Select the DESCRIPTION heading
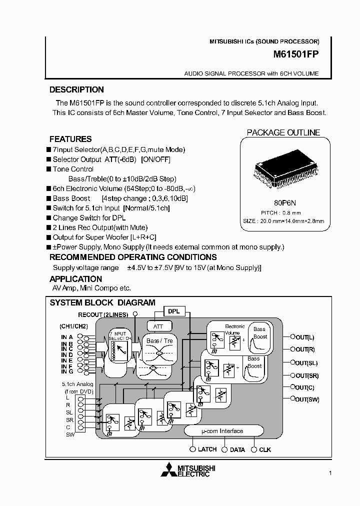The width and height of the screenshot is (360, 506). (x=76, y=90)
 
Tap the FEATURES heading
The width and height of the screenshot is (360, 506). (x=70, y=139)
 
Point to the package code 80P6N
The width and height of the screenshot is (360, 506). (x=285, y=203)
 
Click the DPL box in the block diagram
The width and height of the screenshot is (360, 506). (x=173, y=311)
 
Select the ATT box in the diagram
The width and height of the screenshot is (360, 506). (x=158, y=326)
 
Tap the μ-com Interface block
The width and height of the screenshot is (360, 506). (x=223, y=431)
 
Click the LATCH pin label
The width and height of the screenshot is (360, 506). (x=207, y=449)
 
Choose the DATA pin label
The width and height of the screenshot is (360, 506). (x=237, y=450)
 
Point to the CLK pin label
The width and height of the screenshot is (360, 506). (x=265, y=450)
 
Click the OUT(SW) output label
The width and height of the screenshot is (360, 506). (x=307, y=399)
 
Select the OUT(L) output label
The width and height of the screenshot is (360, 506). (x=304, y=337)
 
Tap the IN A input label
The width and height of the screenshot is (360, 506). (x=67, y=337)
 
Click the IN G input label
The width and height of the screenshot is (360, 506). (x=67, y=371)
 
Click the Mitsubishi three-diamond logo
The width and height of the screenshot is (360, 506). (x=168, y=471)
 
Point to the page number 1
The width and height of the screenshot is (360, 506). (x=330, y=472)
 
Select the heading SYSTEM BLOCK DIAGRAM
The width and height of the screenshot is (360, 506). (x=102, y=303)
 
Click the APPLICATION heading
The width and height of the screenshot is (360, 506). (x=75, y=279)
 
